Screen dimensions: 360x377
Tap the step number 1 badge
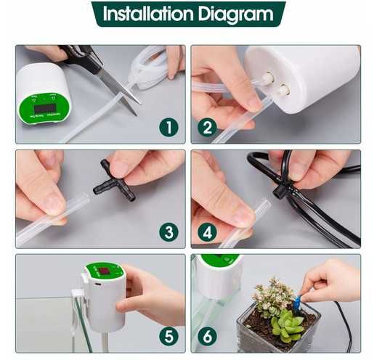click(x=168, y=128)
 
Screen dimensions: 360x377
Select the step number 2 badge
click(x=207, y=128)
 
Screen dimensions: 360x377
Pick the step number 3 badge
click(x=168, y=232)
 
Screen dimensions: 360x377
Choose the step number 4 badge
click(x=207, y=232)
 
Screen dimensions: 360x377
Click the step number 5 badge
click(x=168, y=337)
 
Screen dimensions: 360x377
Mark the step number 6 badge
click(x=207, y=337)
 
